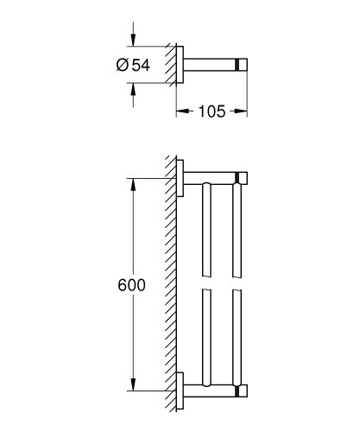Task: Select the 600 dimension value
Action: tap(128, 283)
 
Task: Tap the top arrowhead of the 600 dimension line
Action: tap(131, 183)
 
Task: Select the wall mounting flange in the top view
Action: tap(180, 64)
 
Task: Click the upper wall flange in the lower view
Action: tap(180, 177)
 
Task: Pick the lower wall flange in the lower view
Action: tap(180, 389)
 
